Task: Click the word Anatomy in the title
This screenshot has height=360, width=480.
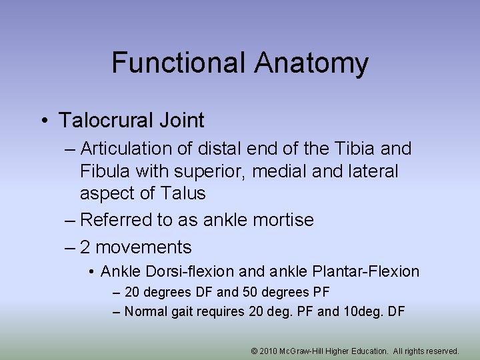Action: [x=310, y=63]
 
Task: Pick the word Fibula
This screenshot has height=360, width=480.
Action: [x=105, y=171]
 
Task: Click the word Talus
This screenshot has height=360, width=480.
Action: [x=183, y=194]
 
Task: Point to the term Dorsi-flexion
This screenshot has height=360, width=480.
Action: [x=193, y=272]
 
